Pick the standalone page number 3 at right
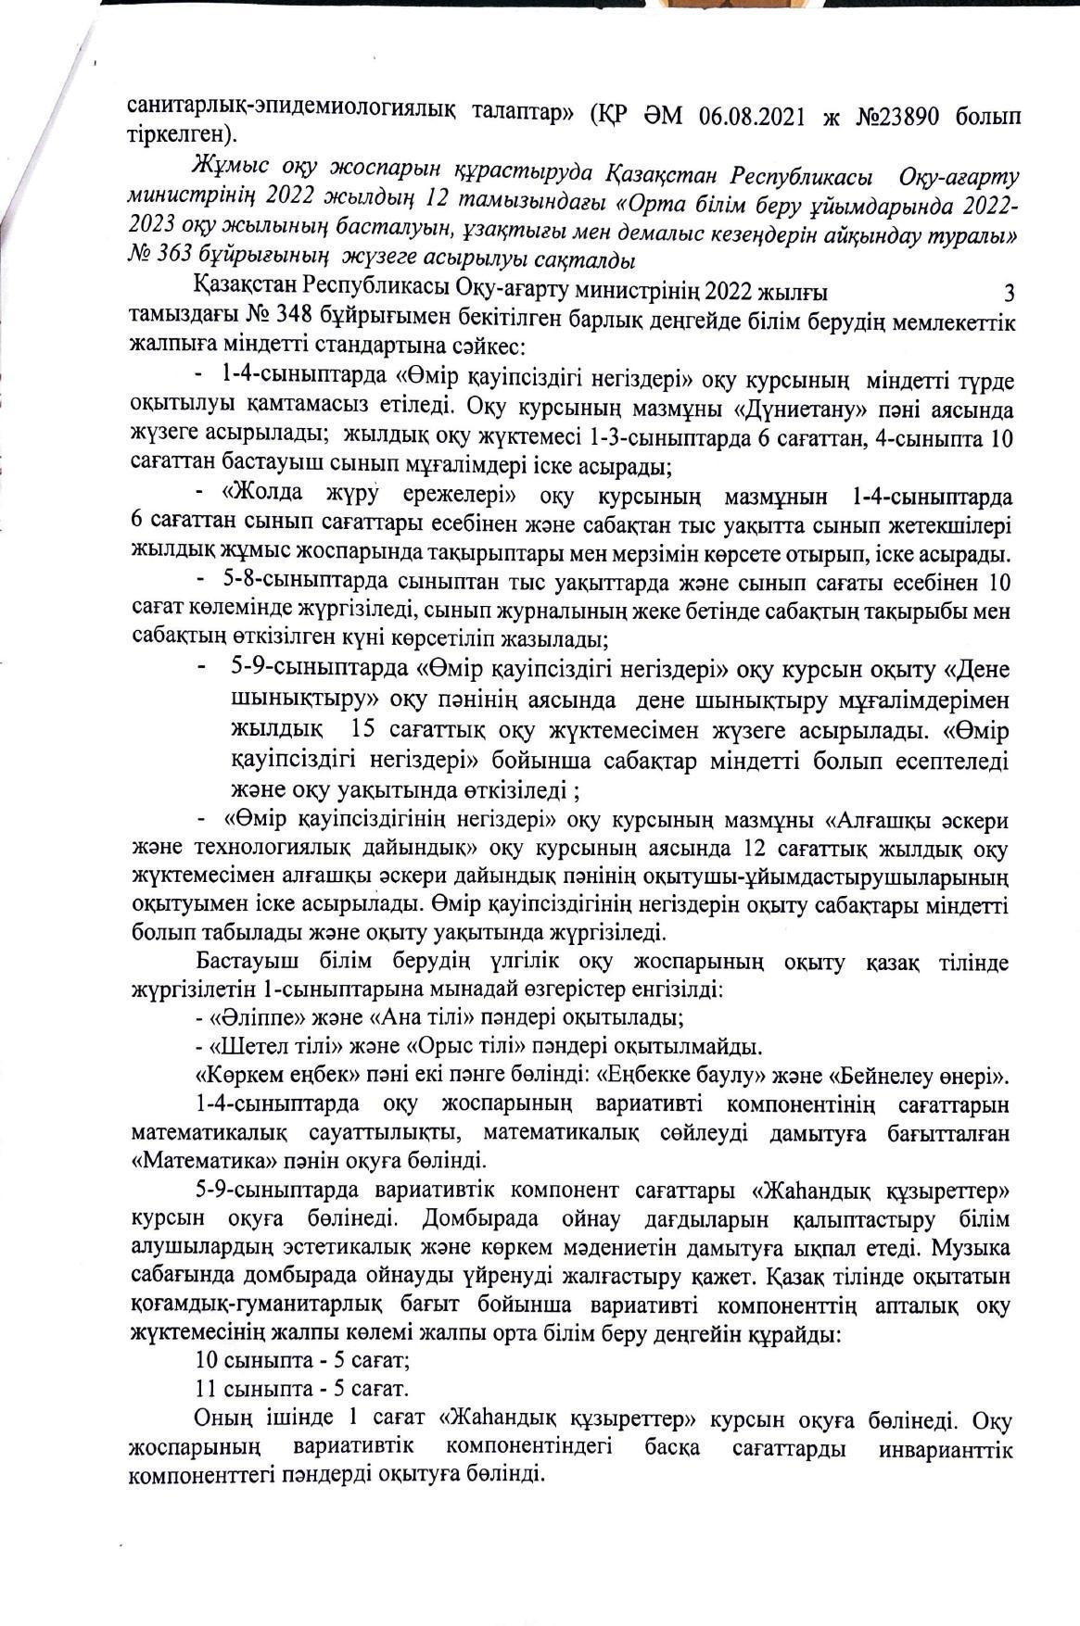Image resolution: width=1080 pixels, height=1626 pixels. [1010, 294]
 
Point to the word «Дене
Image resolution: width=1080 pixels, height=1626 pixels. [964, 669]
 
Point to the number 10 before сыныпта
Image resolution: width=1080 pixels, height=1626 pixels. [208, 1361]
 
